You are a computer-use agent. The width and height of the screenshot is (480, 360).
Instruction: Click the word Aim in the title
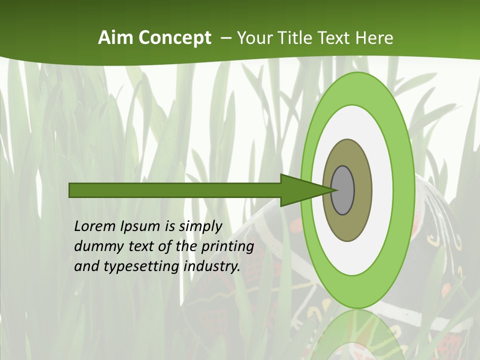point(116,38)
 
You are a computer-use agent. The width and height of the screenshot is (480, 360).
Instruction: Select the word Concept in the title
point(174,38)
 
